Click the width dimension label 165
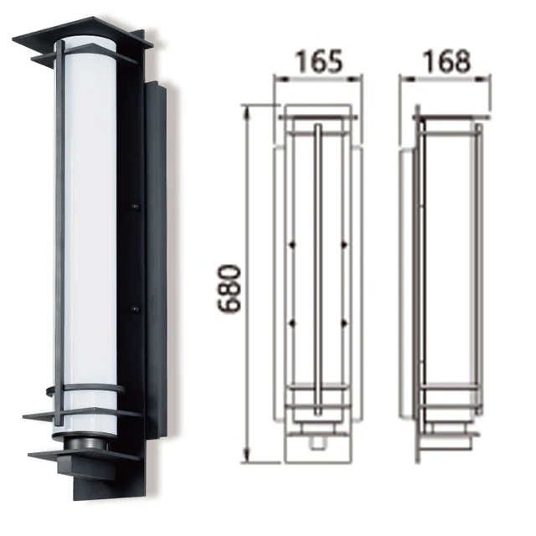pyautogui.click(x=319, y=61)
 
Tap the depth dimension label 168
pyautogui.click(x=445, y=61)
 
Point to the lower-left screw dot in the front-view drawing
pyautogui.click(x=291, y=322)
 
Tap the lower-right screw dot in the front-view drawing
pyautogui.click(x=344, y=322)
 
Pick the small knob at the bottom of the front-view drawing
pyautogui.click(x=317, y=437)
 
